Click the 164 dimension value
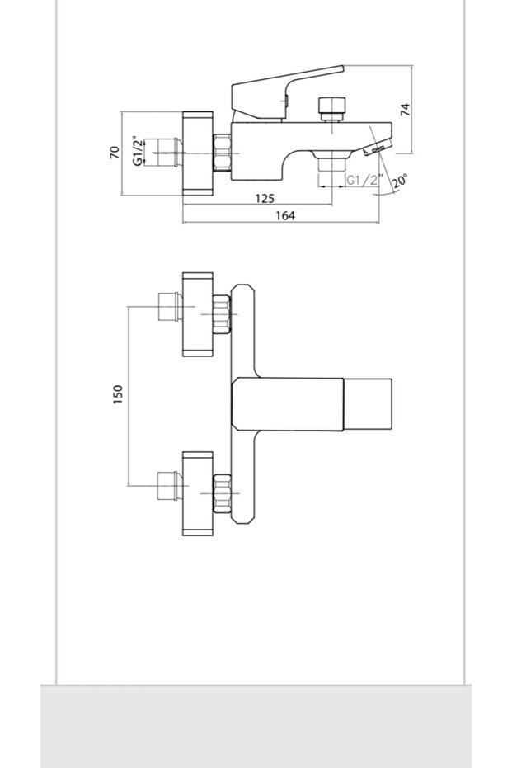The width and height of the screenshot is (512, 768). [284, 215]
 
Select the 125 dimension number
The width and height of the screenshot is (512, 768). [264, 199]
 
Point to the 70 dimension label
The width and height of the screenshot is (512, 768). [115, 152]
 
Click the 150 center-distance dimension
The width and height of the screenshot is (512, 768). [117, 394]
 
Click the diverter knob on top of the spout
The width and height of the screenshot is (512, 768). [331, 107]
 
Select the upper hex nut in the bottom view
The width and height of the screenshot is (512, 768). [220, 314]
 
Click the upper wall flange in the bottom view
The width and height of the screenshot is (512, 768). [197, 314]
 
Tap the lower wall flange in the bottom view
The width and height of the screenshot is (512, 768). [197, 492]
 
